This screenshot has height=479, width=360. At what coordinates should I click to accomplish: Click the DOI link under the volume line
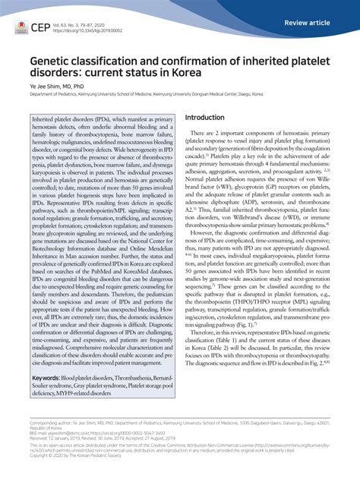point(87,30)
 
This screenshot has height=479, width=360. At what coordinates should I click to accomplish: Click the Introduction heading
point(205,118)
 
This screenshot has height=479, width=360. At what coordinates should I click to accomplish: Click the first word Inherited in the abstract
point(46,121)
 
